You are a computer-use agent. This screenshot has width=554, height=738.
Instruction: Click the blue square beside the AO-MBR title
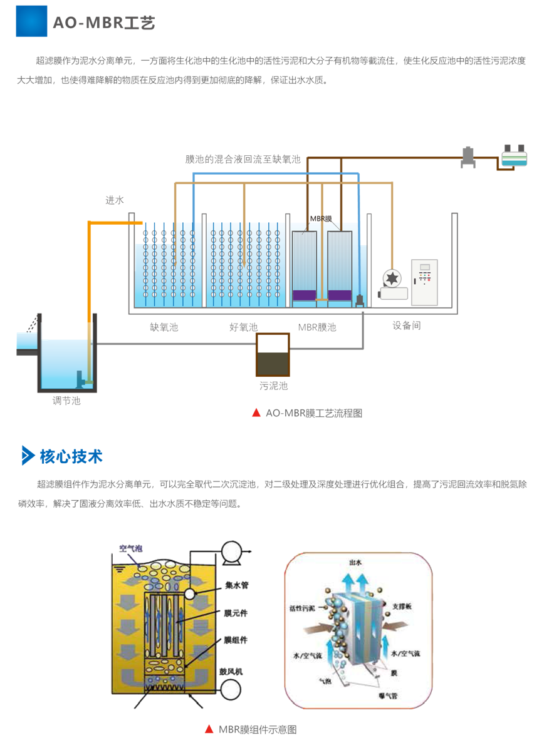[x=31, y=21]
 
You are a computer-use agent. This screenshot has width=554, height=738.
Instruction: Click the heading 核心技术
[x=71, y=456]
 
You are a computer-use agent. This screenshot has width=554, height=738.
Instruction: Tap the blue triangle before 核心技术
[x=28, y=456]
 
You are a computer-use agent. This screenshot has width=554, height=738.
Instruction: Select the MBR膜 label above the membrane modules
[x=321, y=218]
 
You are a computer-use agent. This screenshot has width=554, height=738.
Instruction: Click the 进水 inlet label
[x=115, y=201]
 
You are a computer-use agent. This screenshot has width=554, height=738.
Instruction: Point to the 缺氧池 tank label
[x=164, y=327]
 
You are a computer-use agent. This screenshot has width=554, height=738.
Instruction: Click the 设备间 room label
[x=407, y=326]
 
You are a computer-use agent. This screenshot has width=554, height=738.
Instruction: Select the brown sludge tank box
[x=273, y=354]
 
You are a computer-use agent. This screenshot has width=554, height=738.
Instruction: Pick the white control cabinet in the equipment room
[x=424, y=282]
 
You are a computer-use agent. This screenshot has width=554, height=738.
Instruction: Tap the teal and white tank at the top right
[x=514, y=156]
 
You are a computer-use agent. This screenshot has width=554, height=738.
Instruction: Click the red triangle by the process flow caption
[x=256, y=413]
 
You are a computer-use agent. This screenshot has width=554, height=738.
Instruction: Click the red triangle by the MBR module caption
[x=209, y=729]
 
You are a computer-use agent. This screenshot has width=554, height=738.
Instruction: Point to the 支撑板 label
[x=402, y=607]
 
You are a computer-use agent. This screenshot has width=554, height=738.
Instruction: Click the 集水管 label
[x=234, y=586]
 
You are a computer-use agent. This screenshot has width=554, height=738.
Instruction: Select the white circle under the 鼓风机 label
[x=231, y=689]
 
